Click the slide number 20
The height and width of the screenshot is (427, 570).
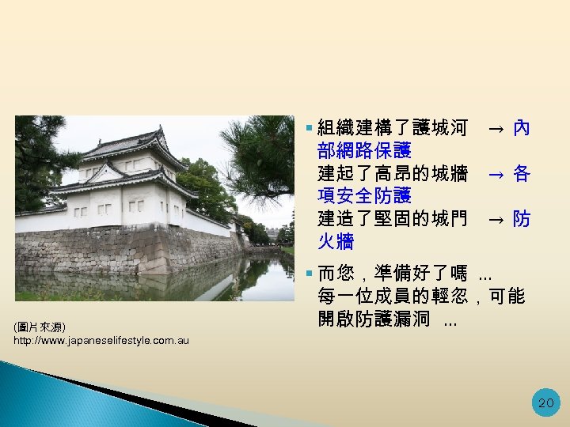pyautogui.click(x=545, y=402)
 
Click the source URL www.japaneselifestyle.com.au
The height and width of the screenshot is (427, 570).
pyautogui.click(x=101, y=340)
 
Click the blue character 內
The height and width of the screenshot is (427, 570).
pyautogui.click(x=522, y=127)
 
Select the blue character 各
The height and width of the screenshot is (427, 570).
pyautogui.click(x=522, y=173)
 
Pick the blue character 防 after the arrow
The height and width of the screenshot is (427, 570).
pyautogui.click(x=522, y=219)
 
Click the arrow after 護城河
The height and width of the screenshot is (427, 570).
pyautogui.click(x=494, y=128)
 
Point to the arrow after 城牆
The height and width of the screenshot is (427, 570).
pyautogui.click(x=494, y=174)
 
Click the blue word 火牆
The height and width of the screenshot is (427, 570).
pyautogui.click(x=336, y=241)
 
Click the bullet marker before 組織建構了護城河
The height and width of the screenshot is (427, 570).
pyautogui.click(x=309, y=127)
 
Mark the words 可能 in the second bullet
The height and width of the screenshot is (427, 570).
pyautogui.click(x=507, y=297)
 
